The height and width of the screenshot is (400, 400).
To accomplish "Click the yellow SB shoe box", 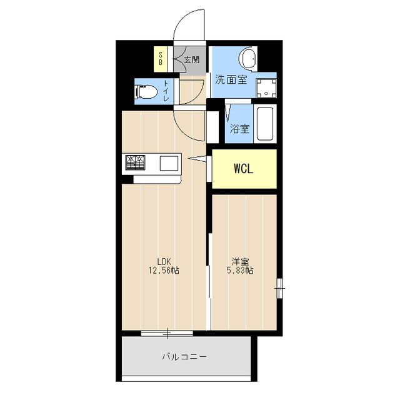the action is (x=161, y=59).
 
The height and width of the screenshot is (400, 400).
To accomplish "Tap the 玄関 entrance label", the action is (x=192, y=60).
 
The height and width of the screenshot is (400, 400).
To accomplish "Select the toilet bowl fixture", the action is (x=146, y=92).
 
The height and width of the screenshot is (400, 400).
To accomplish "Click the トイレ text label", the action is (x=166, y=91).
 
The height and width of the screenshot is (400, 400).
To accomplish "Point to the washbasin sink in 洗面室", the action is (x=249, y=59).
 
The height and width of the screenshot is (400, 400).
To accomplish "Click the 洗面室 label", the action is (x=231, y=79).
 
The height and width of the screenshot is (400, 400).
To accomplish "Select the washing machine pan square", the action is (x=266, y=88).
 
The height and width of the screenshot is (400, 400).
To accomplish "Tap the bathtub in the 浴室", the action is (x=265, y=124).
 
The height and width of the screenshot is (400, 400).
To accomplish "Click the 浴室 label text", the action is (x=239, y=129).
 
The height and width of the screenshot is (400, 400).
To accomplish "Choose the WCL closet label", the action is (x=244, y=169).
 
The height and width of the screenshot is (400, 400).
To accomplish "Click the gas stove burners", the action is (x=135, y=162).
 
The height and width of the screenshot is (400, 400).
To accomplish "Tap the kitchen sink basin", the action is (x=169, y=163).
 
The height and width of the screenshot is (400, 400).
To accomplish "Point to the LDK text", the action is (x=164, y=261).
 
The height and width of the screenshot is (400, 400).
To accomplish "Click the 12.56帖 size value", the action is (x=164, y=270).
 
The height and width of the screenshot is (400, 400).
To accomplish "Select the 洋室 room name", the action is (x=240, y=261).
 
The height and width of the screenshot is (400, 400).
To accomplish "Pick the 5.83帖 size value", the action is (x=240, y=270).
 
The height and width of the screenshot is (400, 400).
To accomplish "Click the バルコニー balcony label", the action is (x=184, y=356).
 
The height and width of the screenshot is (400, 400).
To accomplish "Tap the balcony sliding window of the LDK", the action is (x=167, y=333).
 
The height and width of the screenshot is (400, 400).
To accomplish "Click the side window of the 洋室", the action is (x=280, y=288).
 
